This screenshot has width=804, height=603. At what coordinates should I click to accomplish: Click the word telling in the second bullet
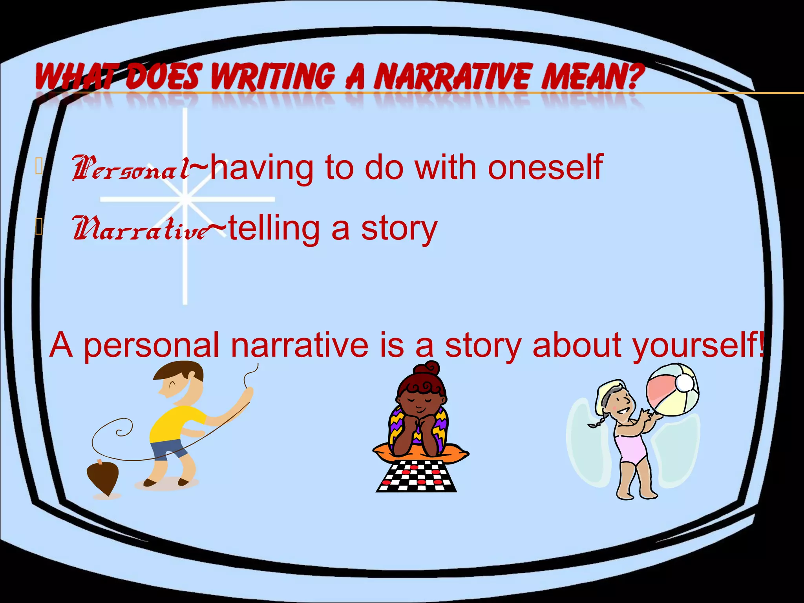[274, 228]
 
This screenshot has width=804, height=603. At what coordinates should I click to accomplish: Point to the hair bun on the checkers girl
[428, 369]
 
